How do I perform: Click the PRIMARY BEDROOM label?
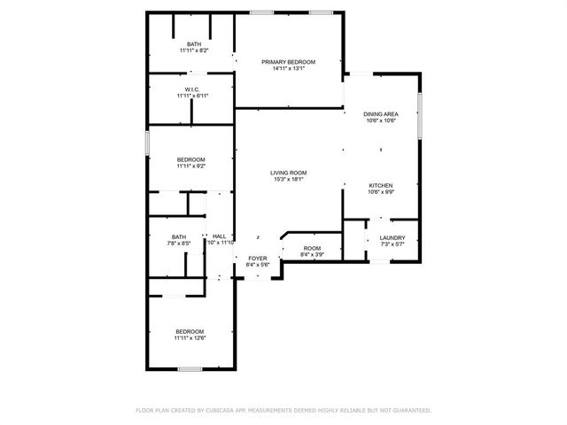pyautogui.click(x=288, y=62)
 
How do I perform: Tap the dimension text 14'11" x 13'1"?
pyautogui.click(x=288, y=69)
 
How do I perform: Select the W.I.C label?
pyautogui.click(x=190, y=89)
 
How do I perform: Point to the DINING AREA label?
pyautogui.click(x=380, y=114)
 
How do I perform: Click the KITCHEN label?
pyautogui.click(x=381, y=186)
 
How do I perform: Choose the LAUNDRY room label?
pyautogui.click(x=392, y=237)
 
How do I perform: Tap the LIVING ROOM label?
pyautogui.click(x=288, y=173)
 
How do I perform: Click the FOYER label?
pyautogui.click(x=257, y=258)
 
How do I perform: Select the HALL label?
pyautogui.click(x=219, y=236)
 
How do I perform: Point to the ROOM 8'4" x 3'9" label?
pyautogui.click(x=311, y=249)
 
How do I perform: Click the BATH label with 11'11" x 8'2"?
pyautogui.click(x=193, y=44)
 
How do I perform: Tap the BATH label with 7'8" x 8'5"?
pyautogui.click(x=179, y=236)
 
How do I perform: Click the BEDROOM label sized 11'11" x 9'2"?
pyautogui.click(x=190, y=159)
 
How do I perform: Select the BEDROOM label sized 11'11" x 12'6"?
pyautogui.click(x=190, y=331)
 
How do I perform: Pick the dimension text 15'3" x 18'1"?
pyautogui.click(x=288, y=180)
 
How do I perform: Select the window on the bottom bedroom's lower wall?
pyautogui.click(x=190, y=368)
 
